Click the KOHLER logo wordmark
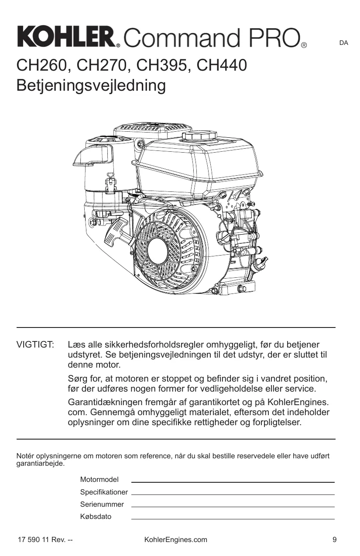point(68,37)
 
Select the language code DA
point(344,43)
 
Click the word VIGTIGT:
point(35,345)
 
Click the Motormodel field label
point(99,480)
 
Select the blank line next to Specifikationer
point(233,494)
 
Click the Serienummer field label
point(102,505)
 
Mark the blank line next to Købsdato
point(233,518)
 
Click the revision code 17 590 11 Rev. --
point(45,540)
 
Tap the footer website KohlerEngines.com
point(175,540)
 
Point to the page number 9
point(334,540)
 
